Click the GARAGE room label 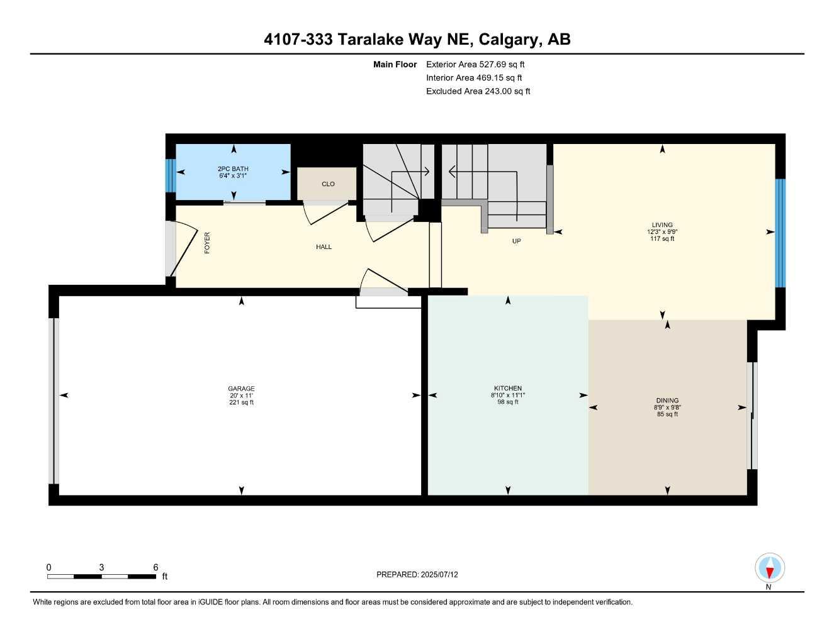(x=241, y=389)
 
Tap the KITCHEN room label (x=507, y=388)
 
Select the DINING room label (x=667, y=401)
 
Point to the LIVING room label (x=662, y=225)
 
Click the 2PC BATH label (x=233, y=169)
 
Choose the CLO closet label (x=328, y=184)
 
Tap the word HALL (x=324, y=247)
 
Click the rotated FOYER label (x=207, y=243)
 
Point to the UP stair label (x=516, y=241)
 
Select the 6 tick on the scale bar (x=155, y=567)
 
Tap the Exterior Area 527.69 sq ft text (x=475, y=64)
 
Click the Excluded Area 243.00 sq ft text (x=478, y=91)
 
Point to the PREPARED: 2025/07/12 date (x=417, y=574)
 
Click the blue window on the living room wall (x=780, y=233)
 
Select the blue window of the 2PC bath (x=169, y=175)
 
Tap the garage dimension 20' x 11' (x=241, y=396)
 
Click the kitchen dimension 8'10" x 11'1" (x=507, y=395)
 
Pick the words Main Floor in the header (x=395, y=64)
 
